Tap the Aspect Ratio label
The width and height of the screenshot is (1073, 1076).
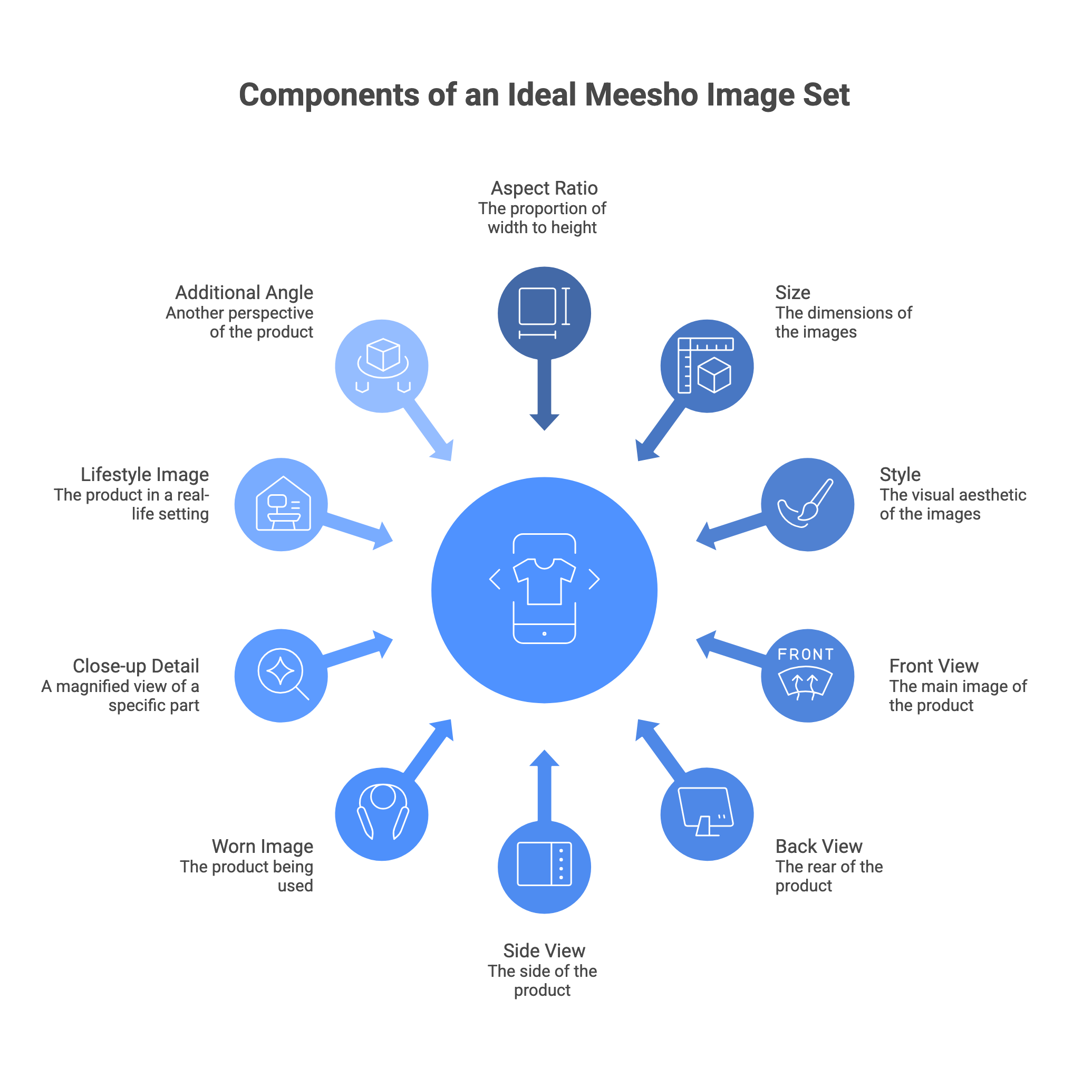click(544, 188)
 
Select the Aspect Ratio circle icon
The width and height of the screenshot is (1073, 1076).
click(544, 313)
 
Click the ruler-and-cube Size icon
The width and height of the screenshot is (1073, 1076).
click(705, 366)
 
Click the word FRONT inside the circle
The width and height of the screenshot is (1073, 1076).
click(805, 654)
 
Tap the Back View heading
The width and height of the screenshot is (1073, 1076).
click(818, 846)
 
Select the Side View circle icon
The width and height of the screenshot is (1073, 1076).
click(544, 867)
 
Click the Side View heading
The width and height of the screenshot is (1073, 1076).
click(544, 950)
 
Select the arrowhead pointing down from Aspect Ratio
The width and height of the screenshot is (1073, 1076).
click(544, 422)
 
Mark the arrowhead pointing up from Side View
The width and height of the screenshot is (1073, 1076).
click(544, 757)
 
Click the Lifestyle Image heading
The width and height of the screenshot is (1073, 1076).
click(145, 474)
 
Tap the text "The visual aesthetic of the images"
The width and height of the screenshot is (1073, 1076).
click(952, 504)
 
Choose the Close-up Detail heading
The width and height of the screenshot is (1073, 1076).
click(136, 666)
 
